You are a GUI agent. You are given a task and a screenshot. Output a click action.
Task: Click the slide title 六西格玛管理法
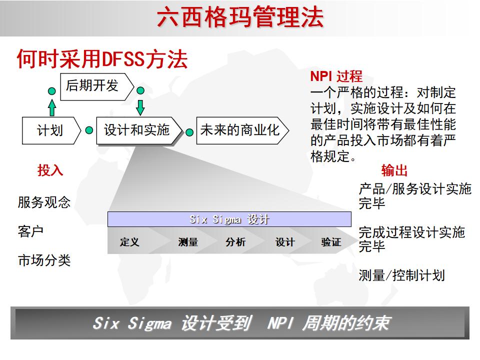tap(240, 17)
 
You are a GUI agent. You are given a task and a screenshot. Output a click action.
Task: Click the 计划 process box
tap(50, 131)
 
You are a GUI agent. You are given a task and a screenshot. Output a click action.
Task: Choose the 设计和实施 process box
tap(136, 131)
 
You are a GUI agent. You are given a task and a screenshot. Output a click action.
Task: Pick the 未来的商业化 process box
tap(240, 131)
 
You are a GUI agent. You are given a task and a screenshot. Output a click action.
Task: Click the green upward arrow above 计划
tap(52, 108)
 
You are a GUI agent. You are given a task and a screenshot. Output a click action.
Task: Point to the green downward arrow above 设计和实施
tap(140, 106)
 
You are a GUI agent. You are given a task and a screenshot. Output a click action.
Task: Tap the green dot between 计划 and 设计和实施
tap(89, 130)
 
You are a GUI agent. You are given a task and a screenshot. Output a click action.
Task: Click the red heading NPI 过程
tap(336, 77)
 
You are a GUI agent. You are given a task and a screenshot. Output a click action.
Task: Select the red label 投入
tap(50, 170)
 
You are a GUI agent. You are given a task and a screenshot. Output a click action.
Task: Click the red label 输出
tap(394, 170)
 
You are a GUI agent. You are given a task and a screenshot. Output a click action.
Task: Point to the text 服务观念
tap(44, 202)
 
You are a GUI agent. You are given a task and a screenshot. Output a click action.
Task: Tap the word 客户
tap(31, 231)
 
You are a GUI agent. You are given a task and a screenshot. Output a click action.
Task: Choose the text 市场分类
tap(44, 260)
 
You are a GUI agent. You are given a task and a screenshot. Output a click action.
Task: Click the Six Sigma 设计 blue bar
tap(229, 219)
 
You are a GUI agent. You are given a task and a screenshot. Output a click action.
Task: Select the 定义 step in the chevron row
tap(129, 242)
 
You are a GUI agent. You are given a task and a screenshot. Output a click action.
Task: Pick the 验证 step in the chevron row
tap(331, 242)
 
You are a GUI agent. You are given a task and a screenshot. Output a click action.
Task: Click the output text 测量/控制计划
tap(401, 275)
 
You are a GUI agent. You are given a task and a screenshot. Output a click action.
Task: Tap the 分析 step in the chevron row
tap(235, 242)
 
